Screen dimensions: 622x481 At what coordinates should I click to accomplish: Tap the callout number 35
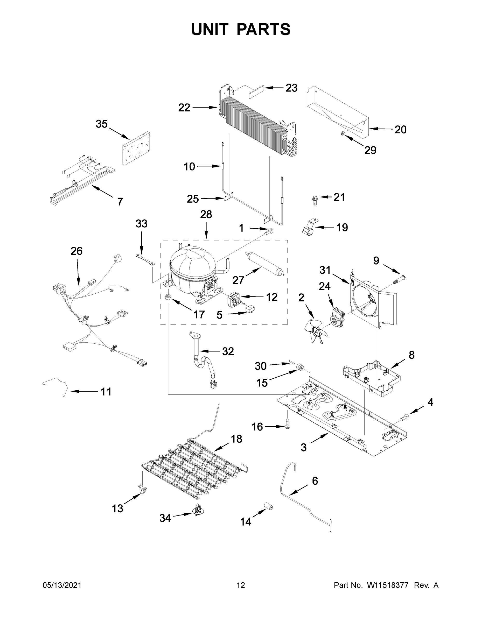[101, 124]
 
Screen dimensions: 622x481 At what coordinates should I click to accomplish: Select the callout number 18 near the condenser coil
[236, 439]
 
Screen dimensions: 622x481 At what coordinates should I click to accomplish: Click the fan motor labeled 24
[337, 316]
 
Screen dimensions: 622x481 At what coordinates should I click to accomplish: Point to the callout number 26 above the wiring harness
[76, 251]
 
